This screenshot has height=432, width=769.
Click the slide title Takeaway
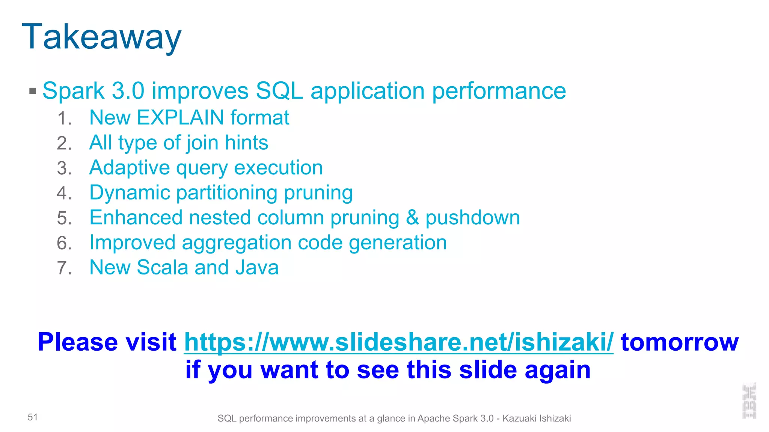(x=101, y=37)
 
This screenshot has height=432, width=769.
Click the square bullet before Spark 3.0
(x=33, y=91)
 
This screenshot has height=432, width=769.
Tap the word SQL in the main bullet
(x=279, y=91)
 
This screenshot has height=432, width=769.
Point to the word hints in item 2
(x=246, y=143)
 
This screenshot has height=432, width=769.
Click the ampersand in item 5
(x=412, y=218)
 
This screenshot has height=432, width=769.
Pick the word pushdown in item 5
(x=472, y=218)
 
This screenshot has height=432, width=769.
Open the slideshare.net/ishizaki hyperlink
(x=398, y=342)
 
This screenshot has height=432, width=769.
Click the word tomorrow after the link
(x=680, y=342)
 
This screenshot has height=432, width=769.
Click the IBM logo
(x=749, y=401)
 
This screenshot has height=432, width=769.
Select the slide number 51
(x=33, y=417)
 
